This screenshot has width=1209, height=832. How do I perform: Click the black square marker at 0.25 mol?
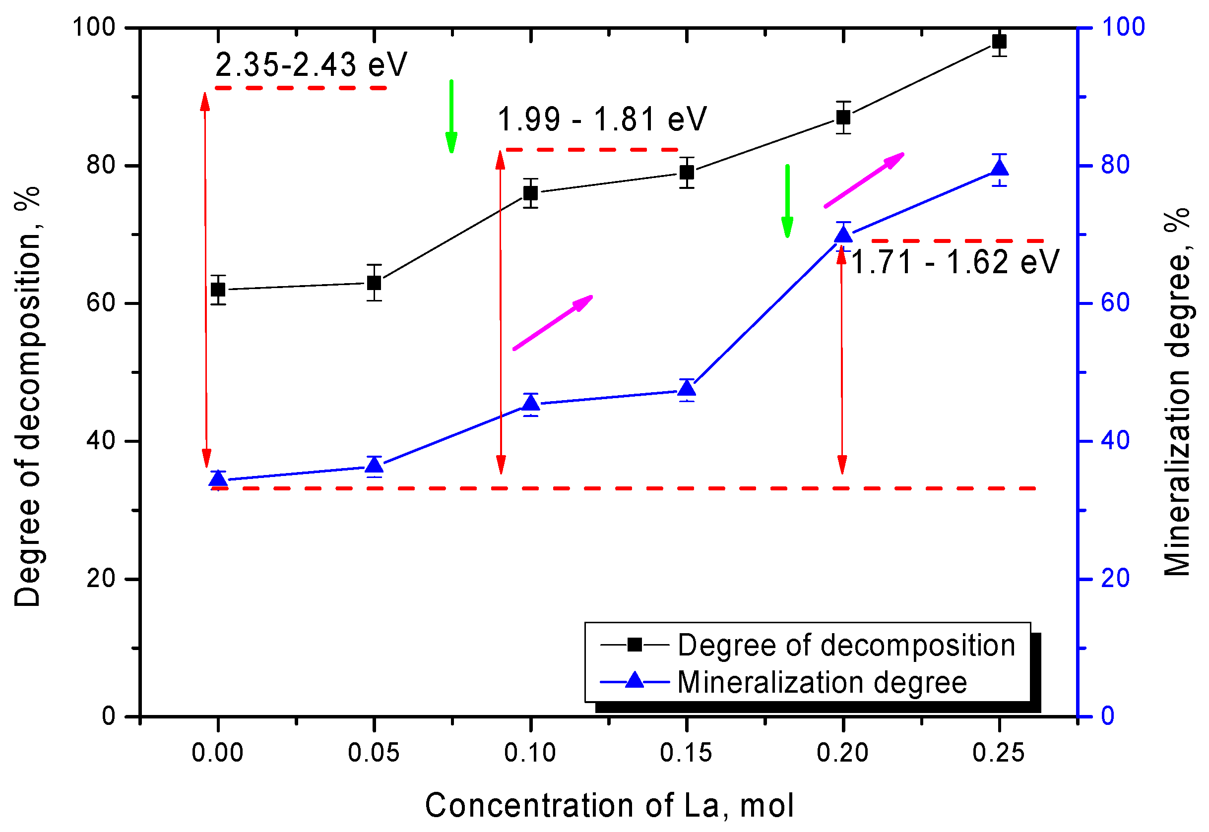(999, 41)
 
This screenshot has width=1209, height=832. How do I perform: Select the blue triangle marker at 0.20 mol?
(843, 235)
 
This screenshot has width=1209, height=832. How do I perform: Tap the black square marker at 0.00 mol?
(218, 290)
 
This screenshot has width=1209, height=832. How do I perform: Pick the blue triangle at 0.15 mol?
(687, 388)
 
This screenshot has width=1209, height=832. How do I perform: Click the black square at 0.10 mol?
(530, 193)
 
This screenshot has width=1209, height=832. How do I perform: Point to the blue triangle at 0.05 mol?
(374, 465)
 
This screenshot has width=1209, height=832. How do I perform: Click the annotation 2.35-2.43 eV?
(311, 65)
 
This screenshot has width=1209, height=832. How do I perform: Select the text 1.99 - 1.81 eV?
(602, 119)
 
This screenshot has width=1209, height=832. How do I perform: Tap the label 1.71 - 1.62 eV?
(954, 262)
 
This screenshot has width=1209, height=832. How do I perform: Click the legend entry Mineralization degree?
(822, 682)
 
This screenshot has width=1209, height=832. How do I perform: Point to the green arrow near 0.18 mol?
(787, 201)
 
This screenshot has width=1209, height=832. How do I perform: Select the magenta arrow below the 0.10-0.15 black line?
(553, 322)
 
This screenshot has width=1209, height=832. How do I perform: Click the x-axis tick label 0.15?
(686, 753)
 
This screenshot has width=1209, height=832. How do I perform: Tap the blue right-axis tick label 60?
(1115, 303)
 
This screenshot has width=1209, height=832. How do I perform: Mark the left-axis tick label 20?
(101, 579)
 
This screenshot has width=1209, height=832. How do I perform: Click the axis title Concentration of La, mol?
(609, 805)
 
